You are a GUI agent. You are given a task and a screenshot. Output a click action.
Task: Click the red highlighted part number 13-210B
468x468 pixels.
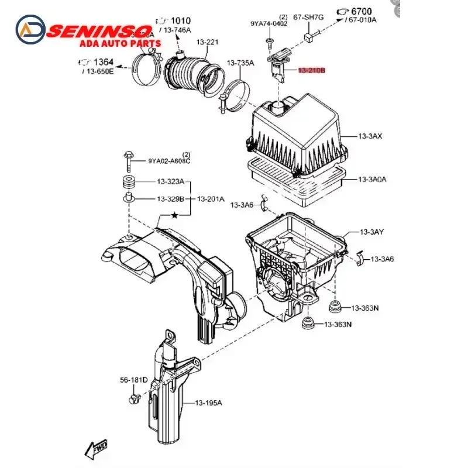coord(311,71)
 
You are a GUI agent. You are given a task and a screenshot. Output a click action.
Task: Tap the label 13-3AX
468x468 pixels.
coord(370,136)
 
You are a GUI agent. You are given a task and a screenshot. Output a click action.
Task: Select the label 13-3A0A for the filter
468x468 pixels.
coord(373,180)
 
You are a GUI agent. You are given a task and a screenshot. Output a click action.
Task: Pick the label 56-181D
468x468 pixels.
coord(134,380)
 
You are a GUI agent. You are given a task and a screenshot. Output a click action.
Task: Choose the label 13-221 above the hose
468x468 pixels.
coord(207,42)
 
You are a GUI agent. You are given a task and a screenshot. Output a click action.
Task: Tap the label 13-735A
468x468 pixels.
coord(240,63)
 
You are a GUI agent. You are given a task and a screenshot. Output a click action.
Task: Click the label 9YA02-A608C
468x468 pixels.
coord(169,160)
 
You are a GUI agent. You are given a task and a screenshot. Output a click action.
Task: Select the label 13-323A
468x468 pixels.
coord(170,181)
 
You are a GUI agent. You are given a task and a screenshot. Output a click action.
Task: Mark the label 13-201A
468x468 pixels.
coord(210,199)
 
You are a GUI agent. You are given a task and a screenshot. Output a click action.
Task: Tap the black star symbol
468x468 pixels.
coord(174,215)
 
